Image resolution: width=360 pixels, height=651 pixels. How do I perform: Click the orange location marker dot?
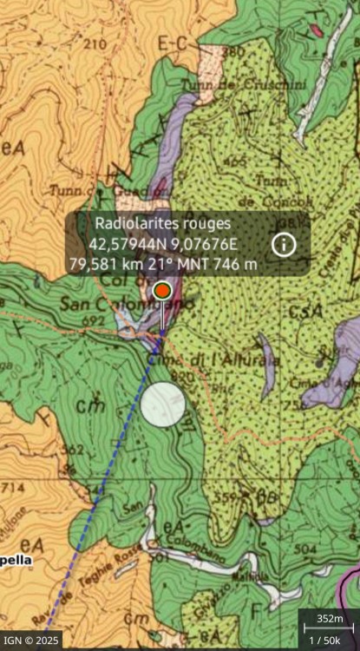pos(162,291)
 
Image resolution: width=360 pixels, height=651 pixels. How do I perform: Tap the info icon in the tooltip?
pos(284,244)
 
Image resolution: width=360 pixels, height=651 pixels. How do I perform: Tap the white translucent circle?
pos(163,404)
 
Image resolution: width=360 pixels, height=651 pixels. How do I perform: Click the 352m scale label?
pos(328,619)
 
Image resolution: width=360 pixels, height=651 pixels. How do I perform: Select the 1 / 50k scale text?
pos(327,639)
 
